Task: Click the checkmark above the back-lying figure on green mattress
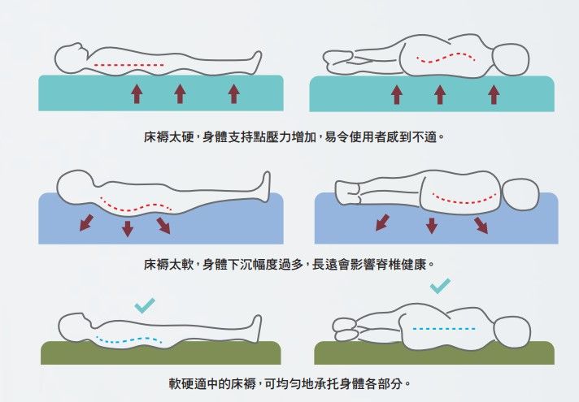pyautogui.click(x=145, y=305)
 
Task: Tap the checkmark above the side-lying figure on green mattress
pyautogui.click(x=440, y=285)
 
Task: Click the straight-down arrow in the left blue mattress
pyautogui.click(x=128, y=228)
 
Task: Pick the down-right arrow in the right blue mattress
pyautogui.click(x=481, y=224)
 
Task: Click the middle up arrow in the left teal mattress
pyautogui.click(x=180, y=94)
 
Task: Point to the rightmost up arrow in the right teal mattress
pyautogui.click(x=493, y=94)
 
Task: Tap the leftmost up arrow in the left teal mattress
pyautogui.click(x=137, y=94)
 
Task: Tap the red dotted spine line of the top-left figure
pyautogui.click(x=122, y=63)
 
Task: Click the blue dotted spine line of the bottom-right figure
pyautogui.click(x=443, y=329)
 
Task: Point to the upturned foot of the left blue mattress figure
pyautogui.click(x=265, y=184)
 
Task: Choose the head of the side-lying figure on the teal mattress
pyautogui.click(x=512, y=61)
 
